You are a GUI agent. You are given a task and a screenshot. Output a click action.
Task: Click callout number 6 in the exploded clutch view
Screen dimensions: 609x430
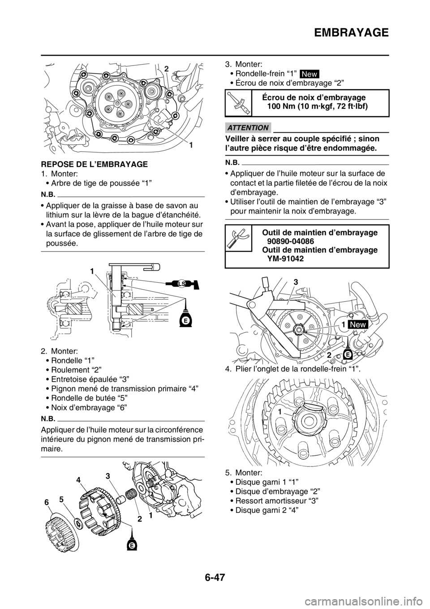47,503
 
